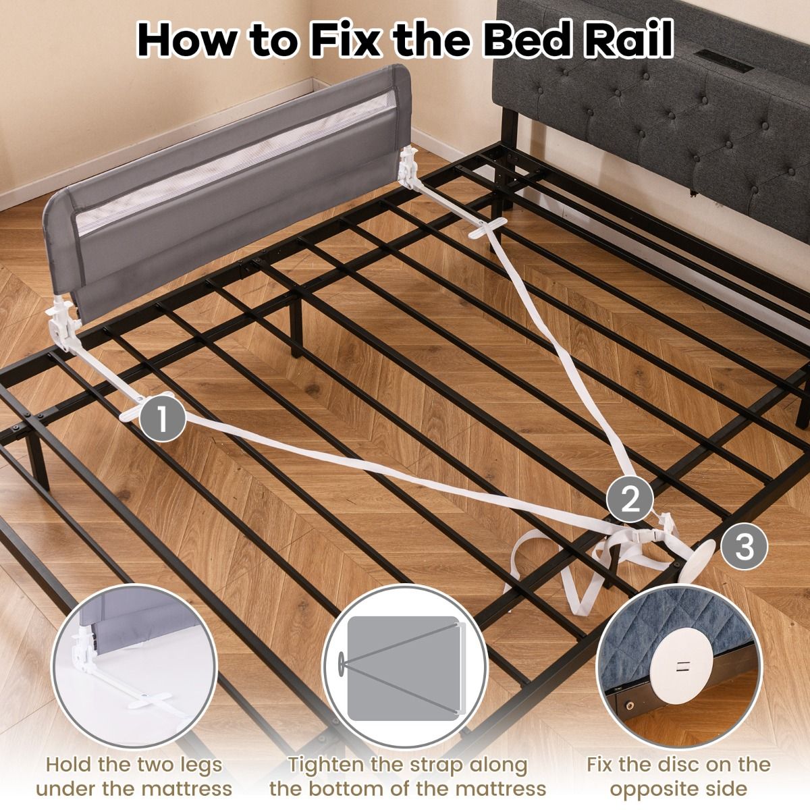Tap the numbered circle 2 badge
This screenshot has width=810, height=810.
(x=630, y=500)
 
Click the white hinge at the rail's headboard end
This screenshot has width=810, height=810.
(x=408, y=169)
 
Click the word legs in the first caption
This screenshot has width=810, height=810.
(x=196, y=753)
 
